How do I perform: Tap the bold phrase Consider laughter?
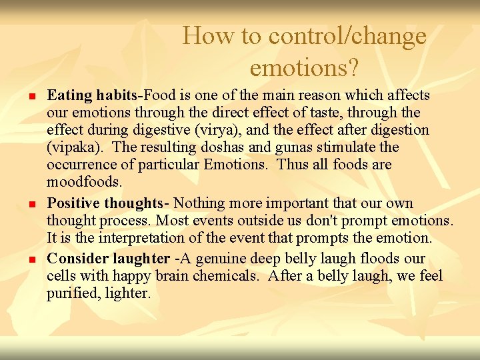(x=108, y=259)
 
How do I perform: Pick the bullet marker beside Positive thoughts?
(x=31, y=205)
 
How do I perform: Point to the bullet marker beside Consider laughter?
(x=31, y=260)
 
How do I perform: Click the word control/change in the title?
(x=347, y=35)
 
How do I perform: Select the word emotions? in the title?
(x=304, y=67)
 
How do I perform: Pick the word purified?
(x=71, y=293)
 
